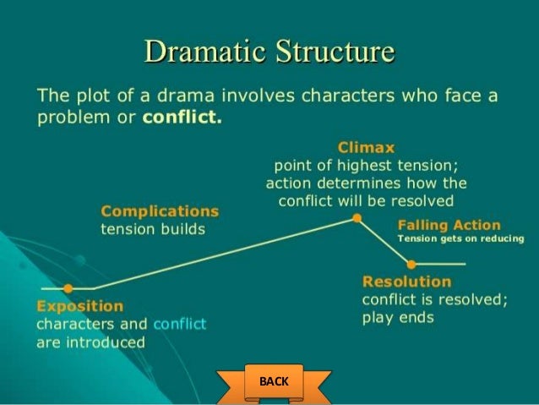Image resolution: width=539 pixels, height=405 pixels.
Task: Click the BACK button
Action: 274,381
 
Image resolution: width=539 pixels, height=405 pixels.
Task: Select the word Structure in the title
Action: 331,52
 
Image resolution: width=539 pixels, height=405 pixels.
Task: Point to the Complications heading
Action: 160,211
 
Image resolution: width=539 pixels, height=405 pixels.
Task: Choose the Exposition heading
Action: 79,306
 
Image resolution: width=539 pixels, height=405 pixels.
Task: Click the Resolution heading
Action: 406,282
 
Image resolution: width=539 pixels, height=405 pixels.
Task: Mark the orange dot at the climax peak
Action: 357,218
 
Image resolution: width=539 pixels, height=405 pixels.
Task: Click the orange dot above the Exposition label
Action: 68,288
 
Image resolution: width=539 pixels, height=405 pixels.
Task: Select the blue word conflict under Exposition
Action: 180,324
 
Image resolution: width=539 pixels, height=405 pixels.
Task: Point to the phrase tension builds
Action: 153,230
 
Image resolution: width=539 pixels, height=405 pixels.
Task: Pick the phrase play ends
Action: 397,318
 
